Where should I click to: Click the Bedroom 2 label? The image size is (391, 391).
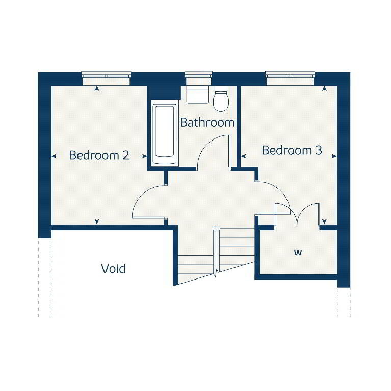click(x=99, y=155)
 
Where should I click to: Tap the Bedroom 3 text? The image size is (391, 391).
click(x=292, y=150)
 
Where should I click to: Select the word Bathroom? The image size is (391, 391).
click(x=207, y=122)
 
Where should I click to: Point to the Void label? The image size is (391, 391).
click(x=113, y=269)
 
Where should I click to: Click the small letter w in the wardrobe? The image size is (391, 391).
click(x=298, y=253)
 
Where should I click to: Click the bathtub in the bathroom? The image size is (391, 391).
click(x=164, y=134)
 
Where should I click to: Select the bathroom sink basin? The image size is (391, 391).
click(x=197, y=94)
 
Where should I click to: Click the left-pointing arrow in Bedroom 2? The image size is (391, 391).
click(x=54, y=156)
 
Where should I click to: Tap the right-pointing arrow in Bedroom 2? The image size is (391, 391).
click(x=145, y=156)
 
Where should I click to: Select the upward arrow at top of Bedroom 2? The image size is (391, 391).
click(x=97, y=88)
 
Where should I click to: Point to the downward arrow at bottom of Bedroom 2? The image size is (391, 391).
click(x=97, y=221)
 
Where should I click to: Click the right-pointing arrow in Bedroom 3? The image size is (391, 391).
click(x=334, y=156)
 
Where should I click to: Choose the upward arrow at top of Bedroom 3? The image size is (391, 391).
click(x=324, y=88)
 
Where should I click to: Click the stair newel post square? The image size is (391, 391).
click(x=216, y=229)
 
